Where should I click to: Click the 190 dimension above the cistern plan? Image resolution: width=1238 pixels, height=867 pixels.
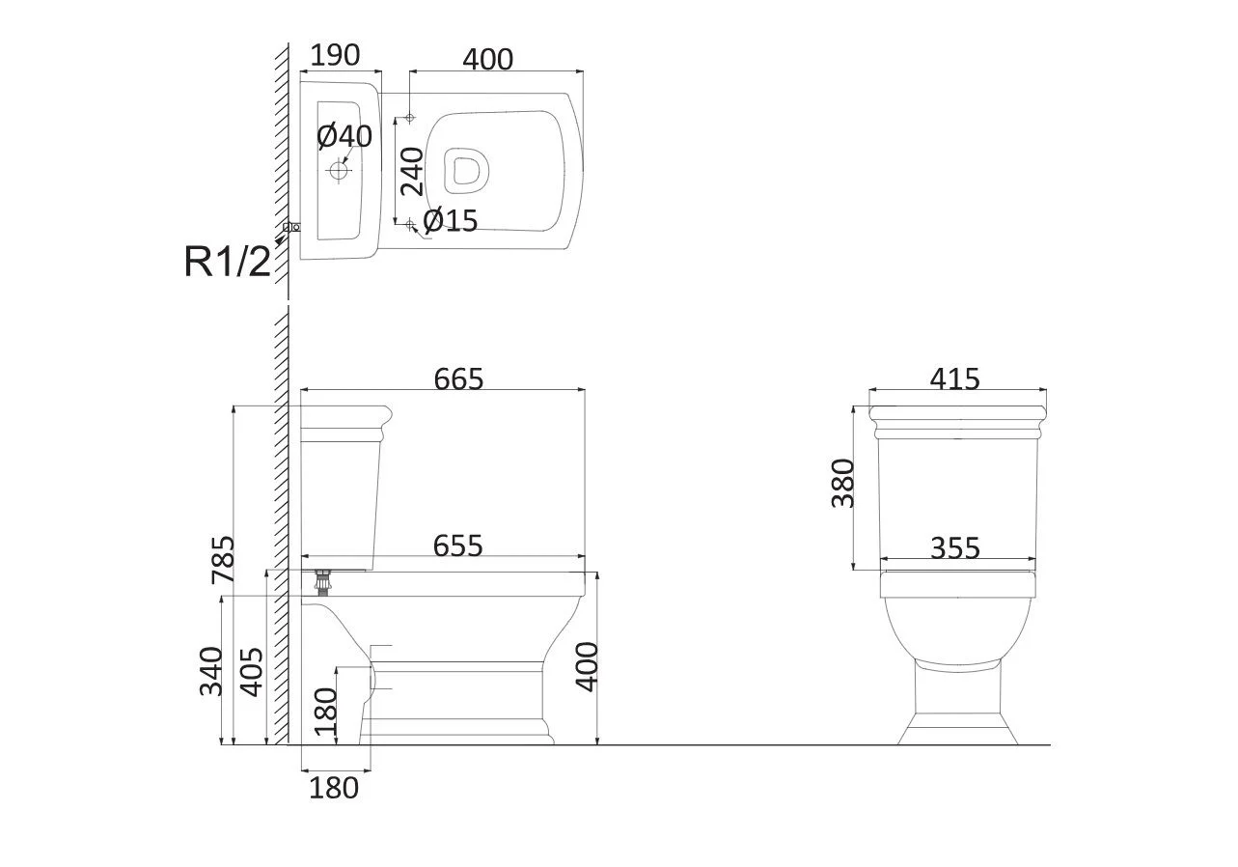click(x=335, y=55)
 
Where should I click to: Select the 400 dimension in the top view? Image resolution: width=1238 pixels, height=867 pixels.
click(x=487, y=59)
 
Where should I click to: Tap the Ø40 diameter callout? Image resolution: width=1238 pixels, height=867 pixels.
click(x=344, y=136)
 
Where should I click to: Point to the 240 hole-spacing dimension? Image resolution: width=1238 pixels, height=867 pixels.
click(x=412, y=172)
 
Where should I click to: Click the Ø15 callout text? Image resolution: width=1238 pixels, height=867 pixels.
click(x=451, y=221)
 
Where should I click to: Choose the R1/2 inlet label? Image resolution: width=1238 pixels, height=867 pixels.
click(x=227, y=262)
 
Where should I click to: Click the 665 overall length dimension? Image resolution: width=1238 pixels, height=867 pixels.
click(x=458, y=378)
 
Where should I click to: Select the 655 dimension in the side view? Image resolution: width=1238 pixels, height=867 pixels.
click(x=457, y=545)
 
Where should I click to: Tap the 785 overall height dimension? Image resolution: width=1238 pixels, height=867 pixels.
click(x=223, y=560)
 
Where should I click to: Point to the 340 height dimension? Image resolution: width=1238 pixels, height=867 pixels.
click(x=211, y=671)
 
